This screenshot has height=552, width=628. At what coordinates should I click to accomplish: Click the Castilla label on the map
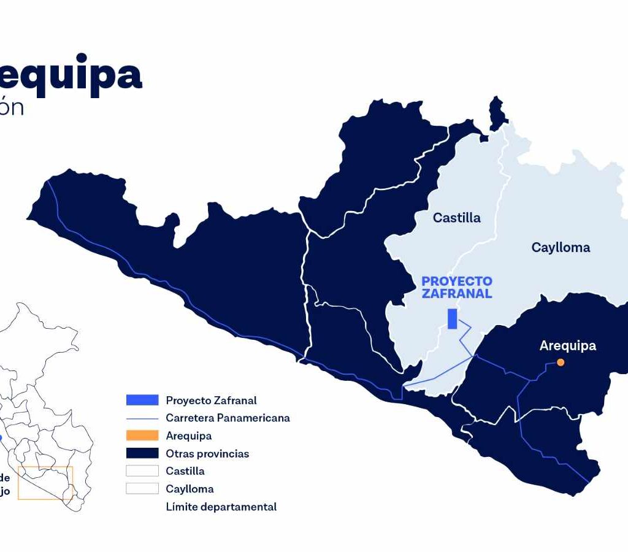point(456,218)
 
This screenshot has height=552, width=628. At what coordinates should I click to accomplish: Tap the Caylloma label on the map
point(561,248)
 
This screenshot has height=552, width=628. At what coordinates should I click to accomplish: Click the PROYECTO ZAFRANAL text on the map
point(456,288)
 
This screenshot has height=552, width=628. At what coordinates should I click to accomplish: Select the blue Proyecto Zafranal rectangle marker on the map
point(453,319)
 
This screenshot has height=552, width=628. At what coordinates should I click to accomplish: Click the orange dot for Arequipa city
point(561,362)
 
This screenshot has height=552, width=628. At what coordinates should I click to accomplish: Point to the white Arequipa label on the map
point(567,346)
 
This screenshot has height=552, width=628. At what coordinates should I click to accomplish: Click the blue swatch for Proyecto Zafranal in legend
point(142,401)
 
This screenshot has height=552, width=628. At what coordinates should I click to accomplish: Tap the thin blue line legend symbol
point(142,418)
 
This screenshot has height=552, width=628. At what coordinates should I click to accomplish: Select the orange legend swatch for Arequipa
point(142,436)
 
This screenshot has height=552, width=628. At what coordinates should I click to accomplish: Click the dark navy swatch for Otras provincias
point(142,454)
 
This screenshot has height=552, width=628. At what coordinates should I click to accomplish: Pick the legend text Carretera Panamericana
point(228,418)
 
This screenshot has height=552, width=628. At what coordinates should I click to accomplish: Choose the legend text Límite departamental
point(221,507)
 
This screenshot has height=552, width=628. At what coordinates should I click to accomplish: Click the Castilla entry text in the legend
point(185,472)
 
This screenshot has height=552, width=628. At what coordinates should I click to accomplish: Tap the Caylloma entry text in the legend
point(190,489)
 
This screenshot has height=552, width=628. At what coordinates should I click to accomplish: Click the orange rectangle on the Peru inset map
point(45,483)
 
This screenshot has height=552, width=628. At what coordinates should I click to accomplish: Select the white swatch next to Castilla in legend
point(142,472)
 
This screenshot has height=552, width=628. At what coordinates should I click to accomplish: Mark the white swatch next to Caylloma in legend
point(142,489)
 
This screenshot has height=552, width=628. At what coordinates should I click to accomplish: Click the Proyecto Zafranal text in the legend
point(211,401)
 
